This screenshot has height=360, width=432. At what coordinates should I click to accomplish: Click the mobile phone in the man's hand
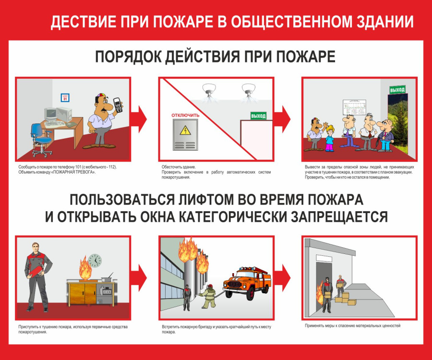click(118, 105)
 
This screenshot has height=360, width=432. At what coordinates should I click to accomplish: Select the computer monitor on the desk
click(51, 114)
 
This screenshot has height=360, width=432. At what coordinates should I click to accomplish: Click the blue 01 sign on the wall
click(65, 97)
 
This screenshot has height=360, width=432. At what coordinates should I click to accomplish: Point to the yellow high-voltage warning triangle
click(185, 130)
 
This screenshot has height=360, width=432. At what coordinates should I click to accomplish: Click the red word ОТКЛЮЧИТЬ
click(185, 115)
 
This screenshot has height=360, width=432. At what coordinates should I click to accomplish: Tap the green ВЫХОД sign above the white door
click(258, 116)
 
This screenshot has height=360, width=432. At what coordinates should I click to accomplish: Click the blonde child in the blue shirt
click(329, 138)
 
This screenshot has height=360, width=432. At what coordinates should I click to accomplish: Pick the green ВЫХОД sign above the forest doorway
click(397, 89)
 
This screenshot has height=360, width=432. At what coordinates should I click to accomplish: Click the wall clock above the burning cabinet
click(95, 261)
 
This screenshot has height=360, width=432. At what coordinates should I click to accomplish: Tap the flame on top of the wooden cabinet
click(85, 268)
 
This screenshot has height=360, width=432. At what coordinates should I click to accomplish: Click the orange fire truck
click(247, 283)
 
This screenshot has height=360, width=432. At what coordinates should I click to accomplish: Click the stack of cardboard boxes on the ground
click(346, 299)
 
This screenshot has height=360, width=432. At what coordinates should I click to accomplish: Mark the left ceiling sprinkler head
click(209, 90)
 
